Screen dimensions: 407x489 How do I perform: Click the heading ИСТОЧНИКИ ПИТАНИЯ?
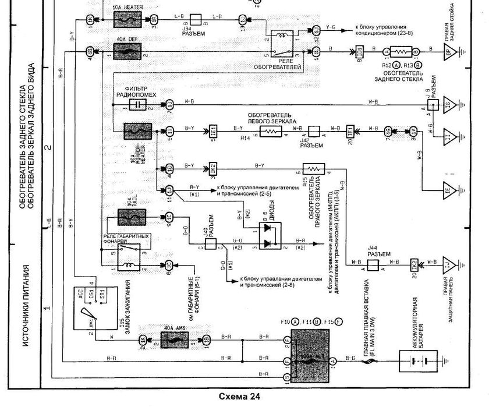pyautogui.click(x=26, y=306)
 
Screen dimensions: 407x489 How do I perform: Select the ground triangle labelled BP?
pyautogui.click(x=449, y=51)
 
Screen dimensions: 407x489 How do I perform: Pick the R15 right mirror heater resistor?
pyautogui.click(x=315, y=168)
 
